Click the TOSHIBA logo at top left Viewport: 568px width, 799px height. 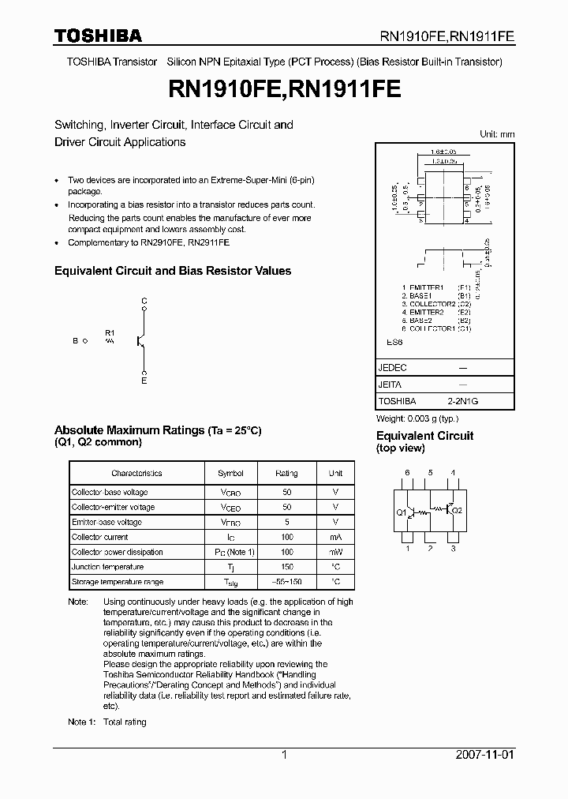98,36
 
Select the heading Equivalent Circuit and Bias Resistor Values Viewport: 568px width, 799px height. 172,271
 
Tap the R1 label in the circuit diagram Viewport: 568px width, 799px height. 110,332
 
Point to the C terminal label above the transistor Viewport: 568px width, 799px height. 144,302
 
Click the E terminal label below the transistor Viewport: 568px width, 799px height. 144,381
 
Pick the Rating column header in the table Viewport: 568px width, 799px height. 286,474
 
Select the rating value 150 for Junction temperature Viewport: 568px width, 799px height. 286,567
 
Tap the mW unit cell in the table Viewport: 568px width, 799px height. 335,552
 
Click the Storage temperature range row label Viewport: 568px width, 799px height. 118,582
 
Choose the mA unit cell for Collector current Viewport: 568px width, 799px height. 335,537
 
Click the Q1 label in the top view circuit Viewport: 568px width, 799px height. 401,512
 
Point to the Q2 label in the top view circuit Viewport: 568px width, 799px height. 458,511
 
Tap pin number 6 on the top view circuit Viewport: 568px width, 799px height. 407,473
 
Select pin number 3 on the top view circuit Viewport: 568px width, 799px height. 454,548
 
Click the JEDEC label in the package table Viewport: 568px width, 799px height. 394,368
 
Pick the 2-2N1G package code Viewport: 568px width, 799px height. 463,401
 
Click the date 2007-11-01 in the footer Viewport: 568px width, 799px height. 485,755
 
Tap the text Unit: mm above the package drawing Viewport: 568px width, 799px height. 497,134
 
